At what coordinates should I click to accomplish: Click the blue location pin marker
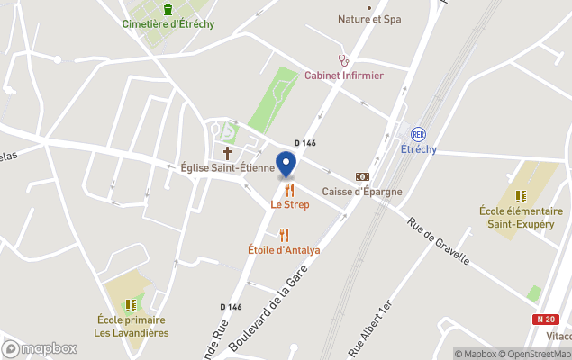[286, 166]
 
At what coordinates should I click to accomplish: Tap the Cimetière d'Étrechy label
[168, 24]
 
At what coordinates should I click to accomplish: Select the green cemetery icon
[168, 9]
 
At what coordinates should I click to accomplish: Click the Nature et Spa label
[369, 18]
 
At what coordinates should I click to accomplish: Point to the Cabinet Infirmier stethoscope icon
[343, 60]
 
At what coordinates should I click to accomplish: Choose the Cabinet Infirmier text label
[343, 76]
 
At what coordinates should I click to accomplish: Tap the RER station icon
[418, 133]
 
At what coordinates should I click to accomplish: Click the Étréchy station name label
[418, 148]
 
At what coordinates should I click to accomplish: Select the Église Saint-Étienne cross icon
[227, 151]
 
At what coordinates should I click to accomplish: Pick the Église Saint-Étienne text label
[227, 167]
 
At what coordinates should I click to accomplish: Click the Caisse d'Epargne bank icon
[362, 177]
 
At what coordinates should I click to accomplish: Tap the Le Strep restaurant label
[290, 204]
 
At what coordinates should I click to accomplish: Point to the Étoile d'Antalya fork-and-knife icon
[284, 235]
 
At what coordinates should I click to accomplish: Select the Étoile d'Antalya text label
[284, 250]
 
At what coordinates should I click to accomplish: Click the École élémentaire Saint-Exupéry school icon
[521, 195]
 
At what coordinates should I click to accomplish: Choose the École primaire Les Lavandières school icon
[131, 305]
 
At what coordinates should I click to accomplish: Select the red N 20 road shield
[544, 319]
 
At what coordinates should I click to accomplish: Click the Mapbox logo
[40, 348]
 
